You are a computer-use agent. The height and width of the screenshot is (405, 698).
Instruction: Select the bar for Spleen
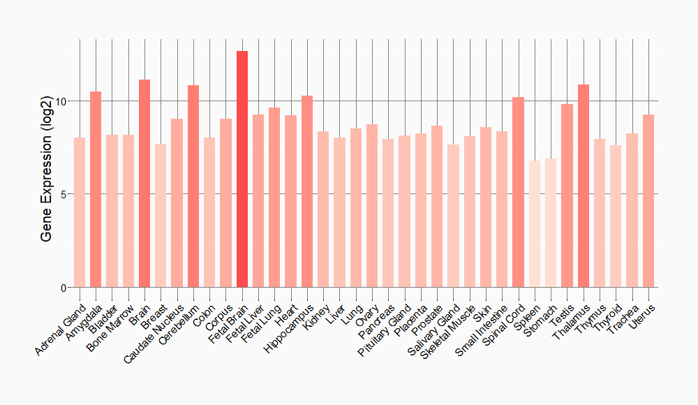point(535,223)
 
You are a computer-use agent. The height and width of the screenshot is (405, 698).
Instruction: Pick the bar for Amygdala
point(96,189)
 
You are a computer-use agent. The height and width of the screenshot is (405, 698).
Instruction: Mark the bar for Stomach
point(551,223)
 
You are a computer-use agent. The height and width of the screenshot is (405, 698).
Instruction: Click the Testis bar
point(567,196)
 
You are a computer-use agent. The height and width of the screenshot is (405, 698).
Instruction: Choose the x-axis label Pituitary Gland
point(386,330)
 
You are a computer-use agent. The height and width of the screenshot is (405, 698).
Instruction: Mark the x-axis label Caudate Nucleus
point(156,332)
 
